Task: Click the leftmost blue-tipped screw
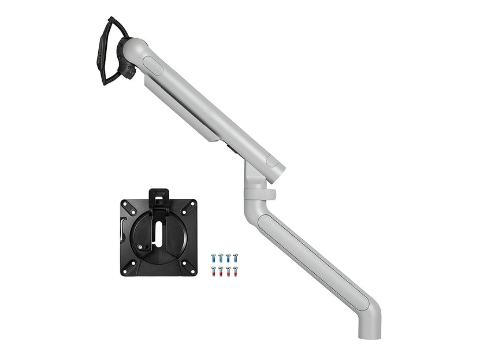tap(214, 257)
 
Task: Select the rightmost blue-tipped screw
tap(235, 257)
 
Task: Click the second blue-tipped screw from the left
tap(221, 257)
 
